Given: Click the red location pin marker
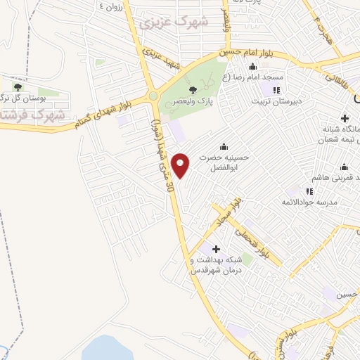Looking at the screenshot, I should pyautogui.click(x=181, y=165).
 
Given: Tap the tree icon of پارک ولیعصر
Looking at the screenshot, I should pyautogui.click(x=193, y=89).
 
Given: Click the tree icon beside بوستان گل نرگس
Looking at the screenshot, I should pyautogui.click(x=18, y=88).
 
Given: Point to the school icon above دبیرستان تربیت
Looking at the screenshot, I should pyautogui.click(x=276, y=90).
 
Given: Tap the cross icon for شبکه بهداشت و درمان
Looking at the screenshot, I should pyautogui.click(x=216, y=249).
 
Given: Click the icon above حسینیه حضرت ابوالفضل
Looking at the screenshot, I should pyautogui.click(x=224, y=146).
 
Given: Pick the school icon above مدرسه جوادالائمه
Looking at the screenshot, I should pyautogui.click(x=309, y=191).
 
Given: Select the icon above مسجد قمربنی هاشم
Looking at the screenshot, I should pyautogui.click(x=344, y=167).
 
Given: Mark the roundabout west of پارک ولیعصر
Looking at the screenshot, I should pyautogui.click(x=153, y=96).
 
